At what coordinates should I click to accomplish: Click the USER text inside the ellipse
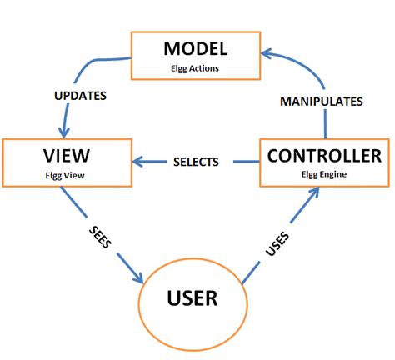pyautogui.click(x=192, y=297)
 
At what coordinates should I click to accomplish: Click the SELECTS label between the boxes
pyautogui.click(x=196, y=162)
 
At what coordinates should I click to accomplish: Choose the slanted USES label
pyautogui.click(x=277, y=245)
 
